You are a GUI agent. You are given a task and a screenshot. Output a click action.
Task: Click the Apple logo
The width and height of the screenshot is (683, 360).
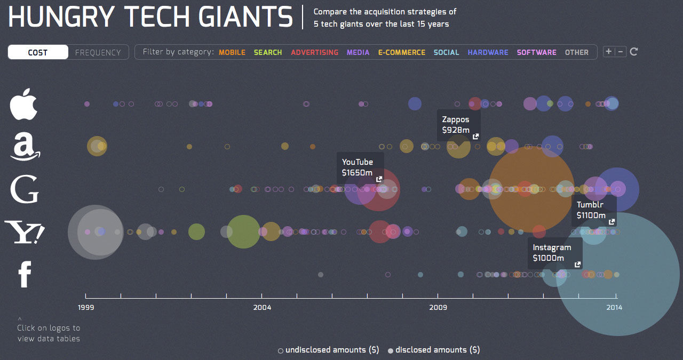point(24,104)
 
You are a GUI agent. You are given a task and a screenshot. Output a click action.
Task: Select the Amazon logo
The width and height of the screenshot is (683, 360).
point(25,146)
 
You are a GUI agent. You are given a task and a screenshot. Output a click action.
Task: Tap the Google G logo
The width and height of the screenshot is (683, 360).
point(25,189)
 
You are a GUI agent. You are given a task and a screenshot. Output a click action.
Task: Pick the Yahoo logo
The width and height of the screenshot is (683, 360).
point(25,233)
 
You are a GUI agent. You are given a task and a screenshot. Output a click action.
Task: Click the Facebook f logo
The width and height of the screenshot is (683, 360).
point(25,275)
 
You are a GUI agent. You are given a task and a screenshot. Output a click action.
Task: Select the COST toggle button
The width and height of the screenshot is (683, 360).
point(38,52)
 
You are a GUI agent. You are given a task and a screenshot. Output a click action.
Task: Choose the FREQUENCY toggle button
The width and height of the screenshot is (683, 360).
point(98,52)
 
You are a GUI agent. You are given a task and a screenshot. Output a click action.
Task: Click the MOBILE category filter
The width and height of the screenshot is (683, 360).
point(232,52)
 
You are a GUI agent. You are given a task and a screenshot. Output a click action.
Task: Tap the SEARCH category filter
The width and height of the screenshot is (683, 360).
point(268,52)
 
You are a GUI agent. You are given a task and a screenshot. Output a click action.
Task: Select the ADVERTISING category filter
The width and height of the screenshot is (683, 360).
point(314,52)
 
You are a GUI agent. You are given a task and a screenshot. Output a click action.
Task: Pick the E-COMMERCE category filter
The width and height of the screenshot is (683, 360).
point(402,52)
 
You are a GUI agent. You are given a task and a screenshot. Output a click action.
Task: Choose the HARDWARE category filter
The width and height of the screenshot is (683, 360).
point(488,52)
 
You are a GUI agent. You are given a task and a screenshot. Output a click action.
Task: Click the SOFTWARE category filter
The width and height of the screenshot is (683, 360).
point(536,52)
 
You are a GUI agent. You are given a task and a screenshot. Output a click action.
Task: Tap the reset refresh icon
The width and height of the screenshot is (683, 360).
point(634,52)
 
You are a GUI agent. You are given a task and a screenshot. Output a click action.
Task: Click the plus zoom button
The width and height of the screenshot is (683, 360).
point(608,52)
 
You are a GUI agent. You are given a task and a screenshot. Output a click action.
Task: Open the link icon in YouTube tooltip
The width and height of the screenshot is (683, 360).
point(379,179)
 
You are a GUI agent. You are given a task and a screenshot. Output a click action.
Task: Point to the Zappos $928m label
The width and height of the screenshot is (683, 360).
point(456,125)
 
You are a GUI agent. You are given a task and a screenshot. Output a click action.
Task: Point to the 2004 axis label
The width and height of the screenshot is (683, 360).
point(262,307)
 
